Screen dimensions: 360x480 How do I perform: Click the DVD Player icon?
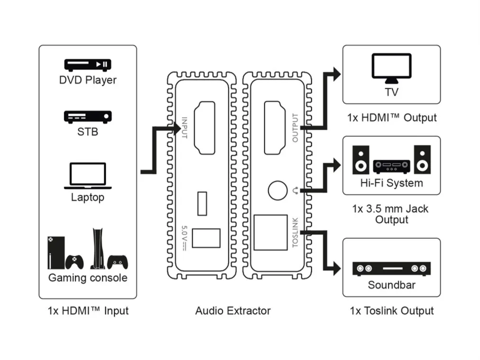point(88,64)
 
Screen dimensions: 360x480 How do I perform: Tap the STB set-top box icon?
point(88,117)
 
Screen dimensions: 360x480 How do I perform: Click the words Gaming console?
point(88,278)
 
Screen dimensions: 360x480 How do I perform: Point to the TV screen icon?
point(391,69)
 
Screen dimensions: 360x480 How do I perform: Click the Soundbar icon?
point(391,269)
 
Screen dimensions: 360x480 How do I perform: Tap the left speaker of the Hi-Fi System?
point(361,160)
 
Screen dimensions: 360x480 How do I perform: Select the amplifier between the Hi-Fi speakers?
point(391,166)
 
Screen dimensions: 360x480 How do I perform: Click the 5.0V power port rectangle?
point(206,238)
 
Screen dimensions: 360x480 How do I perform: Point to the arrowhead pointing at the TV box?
point(336,73)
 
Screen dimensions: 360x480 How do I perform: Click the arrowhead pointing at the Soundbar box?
point(336,269)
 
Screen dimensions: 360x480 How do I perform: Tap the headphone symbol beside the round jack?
point(296,191)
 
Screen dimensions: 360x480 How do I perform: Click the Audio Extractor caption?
point(233,311)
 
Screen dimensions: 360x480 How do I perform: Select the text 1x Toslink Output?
point(391,311)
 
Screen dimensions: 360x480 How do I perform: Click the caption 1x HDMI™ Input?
point(88,311)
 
